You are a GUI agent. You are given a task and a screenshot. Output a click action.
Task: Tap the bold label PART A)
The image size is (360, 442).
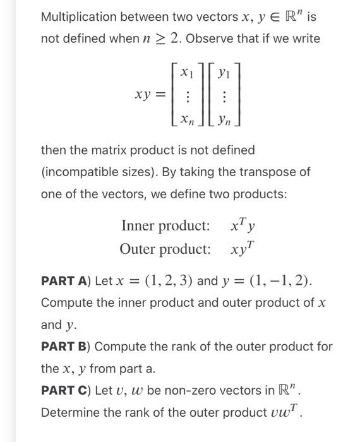click(x=66, y=280)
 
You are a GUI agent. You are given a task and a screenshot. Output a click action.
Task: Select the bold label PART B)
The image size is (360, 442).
click(x=66, y=346)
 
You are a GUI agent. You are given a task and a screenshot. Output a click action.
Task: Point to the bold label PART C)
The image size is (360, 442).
click(x=66, y=390)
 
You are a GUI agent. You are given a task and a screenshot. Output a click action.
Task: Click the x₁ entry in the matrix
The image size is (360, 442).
click(x=186, y=73)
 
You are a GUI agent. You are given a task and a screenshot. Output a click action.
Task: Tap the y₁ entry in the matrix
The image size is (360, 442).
click(x=224, y=73)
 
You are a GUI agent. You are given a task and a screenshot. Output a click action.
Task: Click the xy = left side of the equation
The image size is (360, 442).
click(x=151, y=95)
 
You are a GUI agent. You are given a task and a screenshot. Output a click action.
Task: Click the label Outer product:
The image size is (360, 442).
click(x=165, y=248)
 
